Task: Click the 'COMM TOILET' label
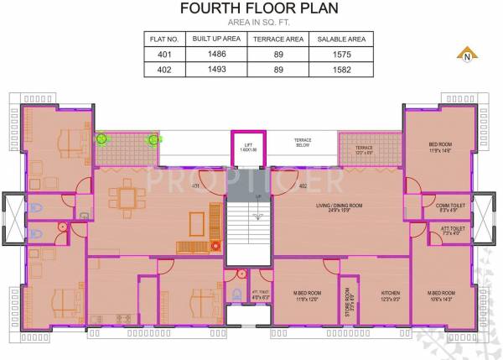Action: click(440, 205)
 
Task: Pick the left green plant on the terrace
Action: click(101, 138)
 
